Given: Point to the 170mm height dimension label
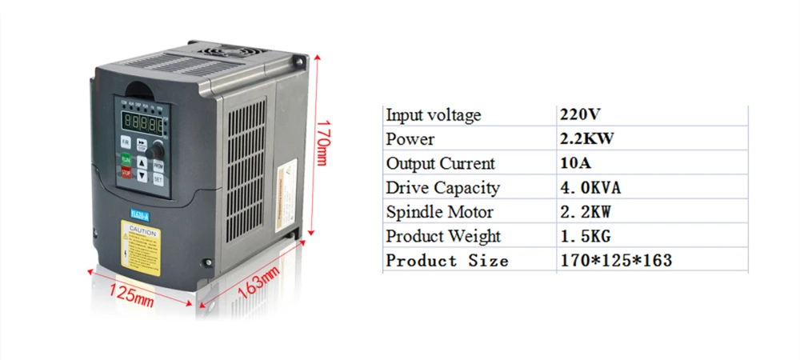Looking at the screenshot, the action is click(322, 142).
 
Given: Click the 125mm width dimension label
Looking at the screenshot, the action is click(131, 294).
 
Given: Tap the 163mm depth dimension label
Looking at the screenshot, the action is click(258, 283).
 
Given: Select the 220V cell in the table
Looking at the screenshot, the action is click(581, 114).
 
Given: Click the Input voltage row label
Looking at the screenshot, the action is click(434, 114).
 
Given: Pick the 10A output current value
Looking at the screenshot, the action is click(574, 163).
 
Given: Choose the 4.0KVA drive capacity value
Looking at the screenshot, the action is click(590, 188).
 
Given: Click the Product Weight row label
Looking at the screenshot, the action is click(443, 236).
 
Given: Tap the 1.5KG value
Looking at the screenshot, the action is click(586, 236).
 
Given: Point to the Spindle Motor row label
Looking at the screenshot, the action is click(439, 212).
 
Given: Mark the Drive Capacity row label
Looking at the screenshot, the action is click(442, 188).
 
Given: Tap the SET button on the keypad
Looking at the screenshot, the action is click(158, 180).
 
